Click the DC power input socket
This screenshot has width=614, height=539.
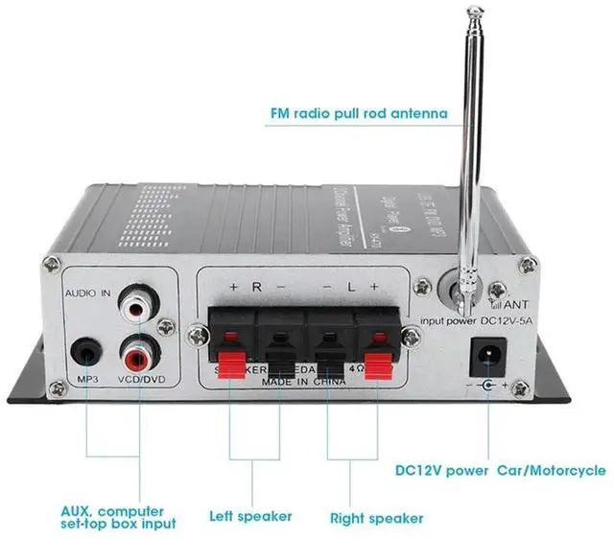tap(486, 357)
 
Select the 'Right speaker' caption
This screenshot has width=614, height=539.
tap(376, 518)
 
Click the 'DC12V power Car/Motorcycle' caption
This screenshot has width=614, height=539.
tap(500, 470)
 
